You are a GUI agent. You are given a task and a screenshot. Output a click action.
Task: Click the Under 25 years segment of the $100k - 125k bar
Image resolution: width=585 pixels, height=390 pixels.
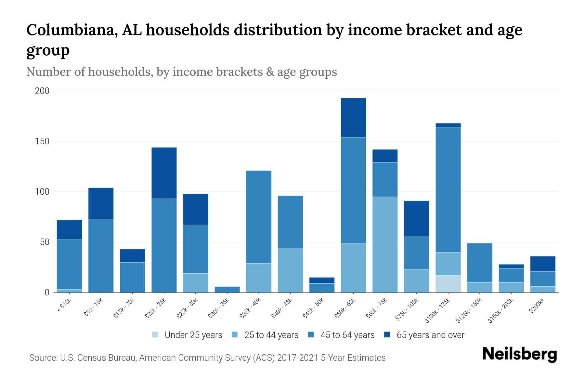[448, 284]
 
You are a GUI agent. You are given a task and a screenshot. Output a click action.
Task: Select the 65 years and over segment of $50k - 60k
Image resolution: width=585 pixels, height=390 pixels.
[353, 118]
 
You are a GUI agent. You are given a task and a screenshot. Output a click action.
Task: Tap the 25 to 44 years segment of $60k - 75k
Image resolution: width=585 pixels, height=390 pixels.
[385, 244]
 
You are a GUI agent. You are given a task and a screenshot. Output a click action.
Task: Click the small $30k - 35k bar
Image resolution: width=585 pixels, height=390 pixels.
[227, 289]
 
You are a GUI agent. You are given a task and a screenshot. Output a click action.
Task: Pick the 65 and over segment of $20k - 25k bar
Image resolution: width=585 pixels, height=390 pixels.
[164, 173]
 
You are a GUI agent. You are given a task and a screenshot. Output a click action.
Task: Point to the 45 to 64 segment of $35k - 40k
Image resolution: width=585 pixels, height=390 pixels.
[259, 217]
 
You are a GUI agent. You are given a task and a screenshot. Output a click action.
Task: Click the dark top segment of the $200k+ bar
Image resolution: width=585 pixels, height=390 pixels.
[543, 264]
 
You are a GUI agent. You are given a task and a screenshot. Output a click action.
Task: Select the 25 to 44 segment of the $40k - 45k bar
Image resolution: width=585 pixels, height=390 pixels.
[290, 270]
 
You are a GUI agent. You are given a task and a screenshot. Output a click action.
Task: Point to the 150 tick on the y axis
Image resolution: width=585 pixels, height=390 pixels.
[42, 141]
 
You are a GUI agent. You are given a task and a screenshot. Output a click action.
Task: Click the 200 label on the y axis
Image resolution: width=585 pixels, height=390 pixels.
[42, 91]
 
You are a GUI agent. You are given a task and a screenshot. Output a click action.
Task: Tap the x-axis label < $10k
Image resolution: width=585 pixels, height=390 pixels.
[64, 306]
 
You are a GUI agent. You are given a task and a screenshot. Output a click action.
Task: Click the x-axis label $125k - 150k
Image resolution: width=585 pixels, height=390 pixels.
[469, 311]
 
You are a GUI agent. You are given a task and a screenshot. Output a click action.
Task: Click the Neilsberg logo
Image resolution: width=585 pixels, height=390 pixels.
[519, 354]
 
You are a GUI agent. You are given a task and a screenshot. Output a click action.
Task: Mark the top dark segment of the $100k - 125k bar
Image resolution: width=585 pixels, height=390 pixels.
[448, 125]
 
